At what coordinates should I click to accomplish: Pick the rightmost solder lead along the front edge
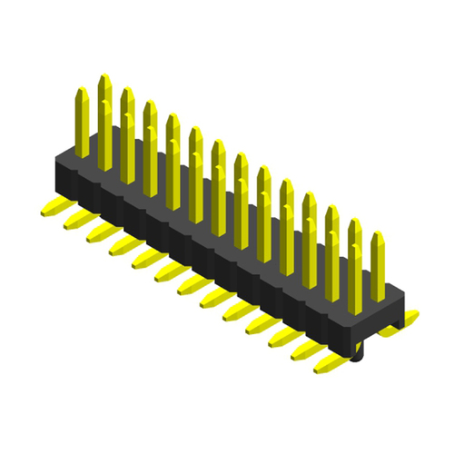point(323,368)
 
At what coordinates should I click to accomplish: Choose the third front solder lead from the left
point(96,234)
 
